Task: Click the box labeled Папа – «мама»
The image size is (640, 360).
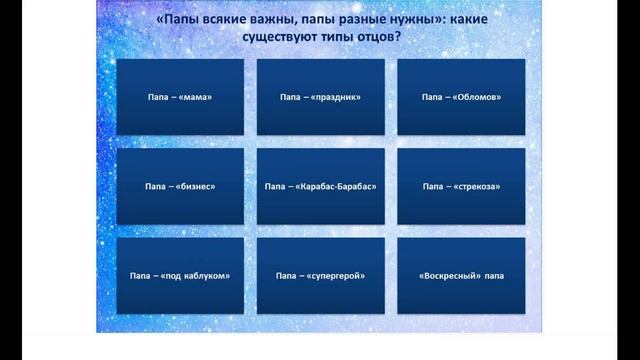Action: coord(180,97)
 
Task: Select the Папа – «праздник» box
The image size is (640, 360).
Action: coord(320,97)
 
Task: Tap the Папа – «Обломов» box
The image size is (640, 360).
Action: coord(461,97)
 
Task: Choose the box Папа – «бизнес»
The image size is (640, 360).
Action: coord(180,186)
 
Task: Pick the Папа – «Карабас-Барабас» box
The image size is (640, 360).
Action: coord(320,186)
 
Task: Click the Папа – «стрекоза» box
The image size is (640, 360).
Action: coord(461,186)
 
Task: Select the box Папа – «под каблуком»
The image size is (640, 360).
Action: coord(180,275)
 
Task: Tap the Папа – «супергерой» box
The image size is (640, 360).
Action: coord(320,275)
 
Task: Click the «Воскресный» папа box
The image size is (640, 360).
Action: coord(461,275)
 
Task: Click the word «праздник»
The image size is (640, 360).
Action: coord(337,98)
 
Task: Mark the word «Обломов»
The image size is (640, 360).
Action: coord(477,98)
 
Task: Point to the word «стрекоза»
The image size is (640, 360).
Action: coord(477,187)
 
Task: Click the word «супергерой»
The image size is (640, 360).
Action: coord(338,276)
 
